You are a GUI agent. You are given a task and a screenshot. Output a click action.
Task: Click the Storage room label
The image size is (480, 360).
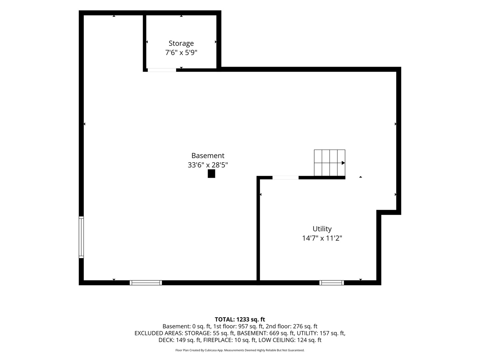[181, 43]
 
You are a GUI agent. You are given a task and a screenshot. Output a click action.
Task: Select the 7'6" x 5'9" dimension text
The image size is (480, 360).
[181, 53]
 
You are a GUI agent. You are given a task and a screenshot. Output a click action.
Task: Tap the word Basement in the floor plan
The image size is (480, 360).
[208, 156]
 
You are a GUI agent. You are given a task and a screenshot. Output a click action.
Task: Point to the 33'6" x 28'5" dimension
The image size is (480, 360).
[208, 165]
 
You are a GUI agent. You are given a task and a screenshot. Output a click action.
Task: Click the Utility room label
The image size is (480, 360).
[322, 229]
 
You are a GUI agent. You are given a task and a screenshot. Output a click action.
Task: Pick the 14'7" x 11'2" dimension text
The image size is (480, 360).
[322, 238]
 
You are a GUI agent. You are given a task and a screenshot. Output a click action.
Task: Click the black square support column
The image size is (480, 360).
[211, 174]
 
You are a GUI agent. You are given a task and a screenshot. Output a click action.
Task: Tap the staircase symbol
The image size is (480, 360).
[330, 163]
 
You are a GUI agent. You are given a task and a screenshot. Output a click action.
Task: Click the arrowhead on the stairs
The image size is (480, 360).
[343, 163]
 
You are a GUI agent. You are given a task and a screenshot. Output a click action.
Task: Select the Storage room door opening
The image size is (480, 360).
[162, 70]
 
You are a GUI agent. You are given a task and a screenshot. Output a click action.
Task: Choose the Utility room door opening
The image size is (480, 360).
[285, 178]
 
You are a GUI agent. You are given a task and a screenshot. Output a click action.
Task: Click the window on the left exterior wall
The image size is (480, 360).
[81, 237]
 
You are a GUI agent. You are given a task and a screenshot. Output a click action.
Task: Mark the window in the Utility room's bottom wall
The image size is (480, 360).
[332, 283]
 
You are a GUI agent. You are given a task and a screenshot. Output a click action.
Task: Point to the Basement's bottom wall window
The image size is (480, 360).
[146, 283]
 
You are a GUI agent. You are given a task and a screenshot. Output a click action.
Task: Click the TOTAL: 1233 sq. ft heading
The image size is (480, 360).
[240, 320]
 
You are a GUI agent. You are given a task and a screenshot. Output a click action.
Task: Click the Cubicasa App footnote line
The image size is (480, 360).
[240, 350]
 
